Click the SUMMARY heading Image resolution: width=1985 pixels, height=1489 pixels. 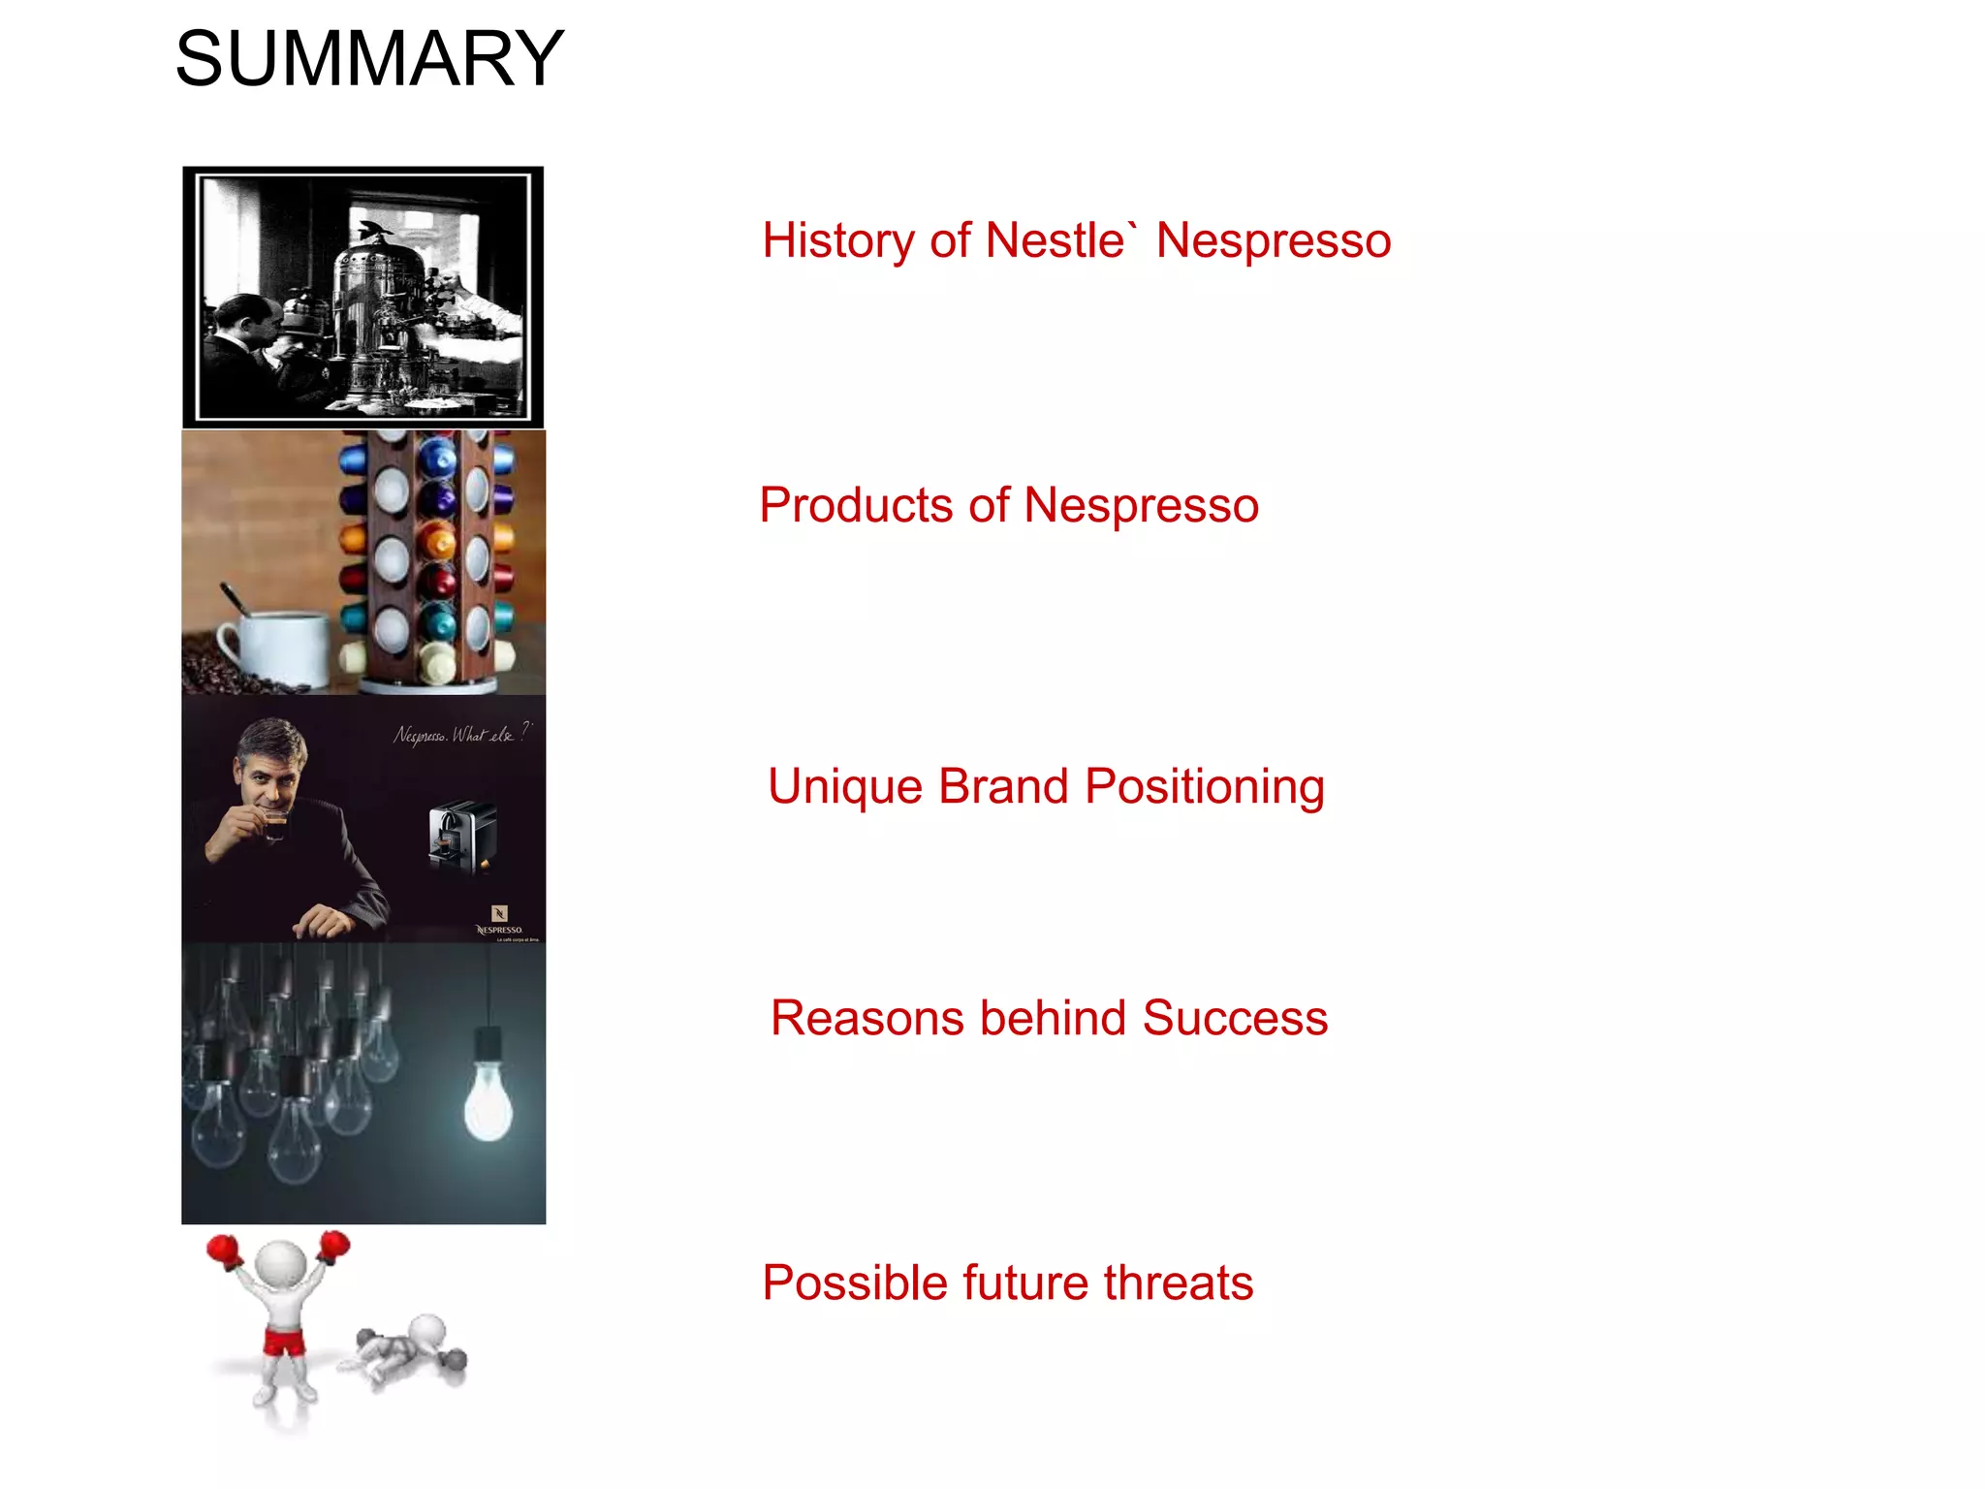point(369,59)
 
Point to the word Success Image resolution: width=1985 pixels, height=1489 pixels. point(1234,1019)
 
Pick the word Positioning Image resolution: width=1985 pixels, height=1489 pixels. point(1204,787)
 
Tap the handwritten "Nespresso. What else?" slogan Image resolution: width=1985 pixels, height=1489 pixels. point(461,734)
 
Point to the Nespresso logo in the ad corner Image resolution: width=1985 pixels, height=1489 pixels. point(499,921)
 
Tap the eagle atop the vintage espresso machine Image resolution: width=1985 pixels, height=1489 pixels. point(375,232)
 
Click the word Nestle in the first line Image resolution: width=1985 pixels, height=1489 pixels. point(1055,240)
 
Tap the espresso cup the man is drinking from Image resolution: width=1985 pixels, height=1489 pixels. point(275,827)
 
